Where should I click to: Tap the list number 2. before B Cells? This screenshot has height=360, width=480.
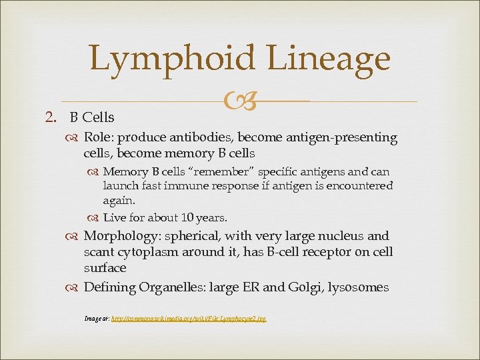point(55,118)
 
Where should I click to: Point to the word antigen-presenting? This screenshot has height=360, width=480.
point(342,138)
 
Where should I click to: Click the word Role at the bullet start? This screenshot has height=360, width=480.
point(97,138)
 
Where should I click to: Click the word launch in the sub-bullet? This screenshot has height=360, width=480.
point(121,187)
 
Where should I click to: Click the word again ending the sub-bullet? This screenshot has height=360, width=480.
point(119,201)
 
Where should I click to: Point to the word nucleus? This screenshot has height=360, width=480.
point(339,237)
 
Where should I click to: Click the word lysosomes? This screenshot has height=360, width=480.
point(362,287)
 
